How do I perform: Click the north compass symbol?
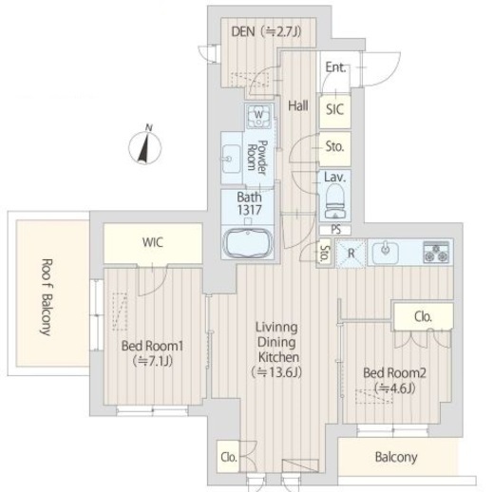click(x=145, y=145)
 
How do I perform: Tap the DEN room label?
click(x=243, y=31)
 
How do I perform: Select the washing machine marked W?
click(x=258, y=116)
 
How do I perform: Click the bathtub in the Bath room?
click(x=248, y=243)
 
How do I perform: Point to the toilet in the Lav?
click(x=335, y=201)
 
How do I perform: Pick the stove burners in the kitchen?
click(x=436, y=252)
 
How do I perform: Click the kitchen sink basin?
click(x=385, y=252)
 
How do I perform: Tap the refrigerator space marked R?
click(x=351, y=254)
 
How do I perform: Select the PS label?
click(x=335, y=230)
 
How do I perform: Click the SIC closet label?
click(x=334, y=109)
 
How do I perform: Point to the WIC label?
click(x=153, y=242)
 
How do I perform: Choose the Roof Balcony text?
click(x=47, y=297)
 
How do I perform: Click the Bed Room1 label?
click(x=152, y=346)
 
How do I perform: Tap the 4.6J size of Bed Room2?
click(x=394, y=388)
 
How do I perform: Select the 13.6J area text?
click(x=276, y=372)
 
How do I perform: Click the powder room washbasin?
click(x=231, y=159)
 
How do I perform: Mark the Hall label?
click(x=298, y=105)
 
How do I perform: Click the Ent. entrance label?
click(x=336, y=67)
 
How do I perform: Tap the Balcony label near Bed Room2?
click(x=396, y=457)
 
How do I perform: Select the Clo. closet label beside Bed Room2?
click(x=423, y=316)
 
